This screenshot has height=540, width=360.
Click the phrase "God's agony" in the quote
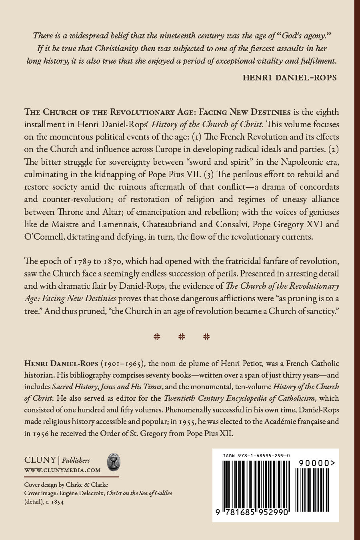(304, 36)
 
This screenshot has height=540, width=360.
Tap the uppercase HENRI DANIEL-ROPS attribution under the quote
(289, 78)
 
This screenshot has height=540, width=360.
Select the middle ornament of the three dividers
(182, 336)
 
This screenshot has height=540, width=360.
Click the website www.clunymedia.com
(62, 470)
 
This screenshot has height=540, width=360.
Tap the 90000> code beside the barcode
(316, 463)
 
